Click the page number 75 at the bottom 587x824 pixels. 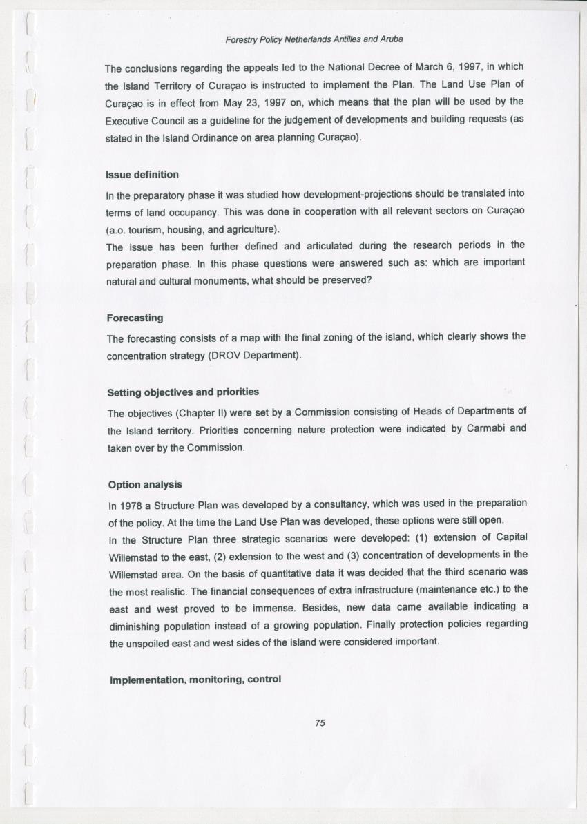(319, 723)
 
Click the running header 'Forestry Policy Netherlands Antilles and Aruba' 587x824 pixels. (314, 39)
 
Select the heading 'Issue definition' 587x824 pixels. (142, 174)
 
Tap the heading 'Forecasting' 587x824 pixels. (135, 318)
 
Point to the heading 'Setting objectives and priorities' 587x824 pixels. (183, 392)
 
